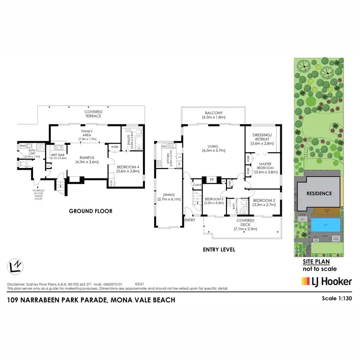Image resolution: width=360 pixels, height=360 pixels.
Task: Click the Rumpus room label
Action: click(x=86, y=159)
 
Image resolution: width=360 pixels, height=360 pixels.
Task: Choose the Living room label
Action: click(x=213, y=148)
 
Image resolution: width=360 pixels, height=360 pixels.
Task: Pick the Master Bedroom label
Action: click(x=264, y=169)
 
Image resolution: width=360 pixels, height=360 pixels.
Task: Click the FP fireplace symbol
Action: click(x=211, y=180)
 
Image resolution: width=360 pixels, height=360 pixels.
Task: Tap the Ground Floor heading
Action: click(x=91, y=211)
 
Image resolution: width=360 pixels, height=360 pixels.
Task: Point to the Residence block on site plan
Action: click(x=319, y=193)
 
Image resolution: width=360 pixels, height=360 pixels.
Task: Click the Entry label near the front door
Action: click(x=189, y=220)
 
